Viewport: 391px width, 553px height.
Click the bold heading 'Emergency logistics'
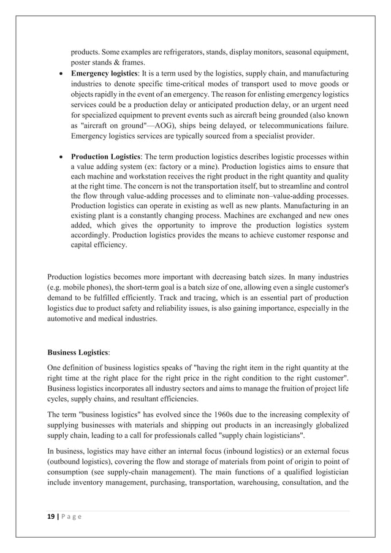[107, 73]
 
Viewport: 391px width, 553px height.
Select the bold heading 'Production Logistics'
[107, 156]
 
